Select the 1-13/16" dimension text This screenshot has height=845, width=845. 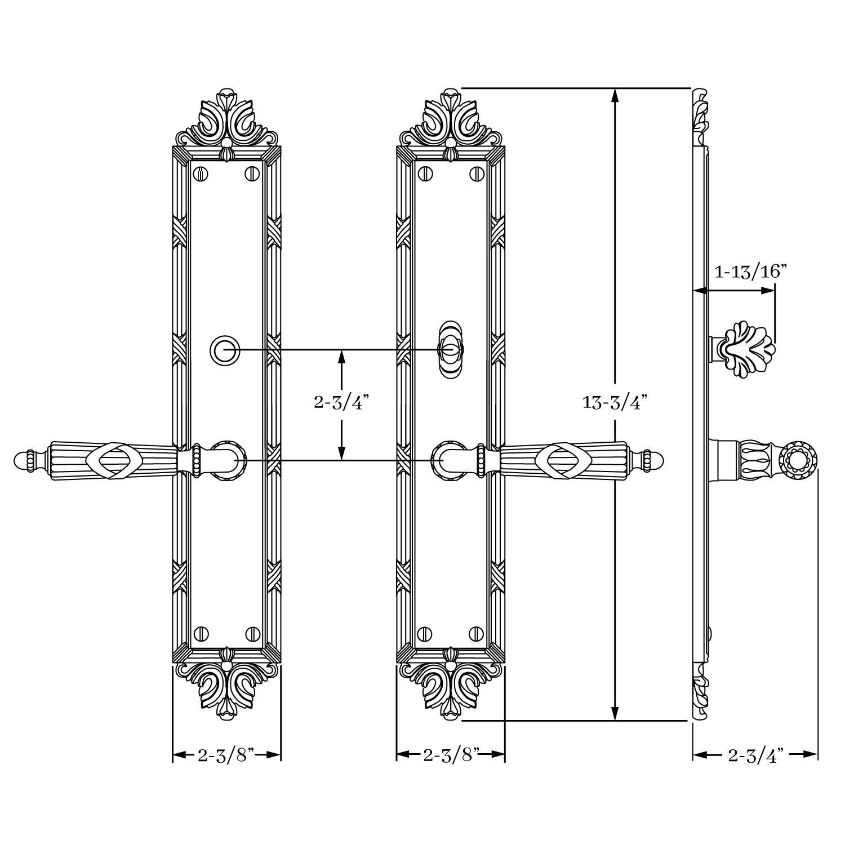[x=750, y=272]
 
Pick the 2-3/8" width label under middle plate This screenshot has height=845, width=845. [x=451, y=755]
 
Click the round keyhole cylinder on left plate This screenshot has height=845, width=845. [x=225, y=350]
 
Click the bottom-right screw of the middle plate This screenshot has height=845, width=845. [x=477, y=633]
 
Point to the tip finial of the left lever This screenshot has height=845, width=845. [x=25, y=461]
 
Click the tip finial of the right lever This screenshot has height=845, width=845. [x=652, y=461]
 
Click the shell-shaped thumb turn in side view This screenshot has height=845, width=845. [x=748, y=349]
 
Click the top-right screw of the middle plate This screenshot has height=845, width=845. [x=477, y=174]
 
